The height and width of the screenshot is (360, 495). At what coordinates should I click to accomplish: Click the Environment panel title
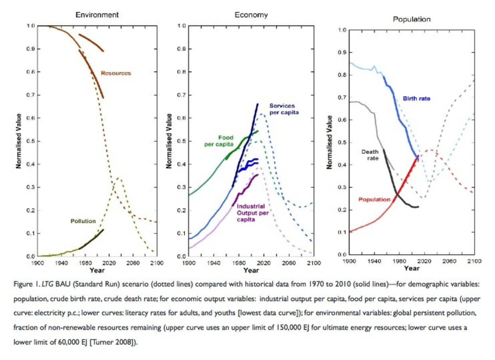[97, 15]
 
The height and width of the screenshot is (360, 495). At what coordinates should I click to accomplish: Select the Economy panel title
[251, 15]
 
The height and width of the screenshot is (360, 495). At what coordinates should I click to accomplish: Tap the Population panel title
[412, 19]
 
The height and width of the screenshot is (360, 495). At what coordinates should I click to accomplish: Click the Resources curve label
[116, 73]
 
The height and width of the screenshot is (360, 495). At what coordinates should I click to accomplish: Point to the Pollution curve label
[83, 221]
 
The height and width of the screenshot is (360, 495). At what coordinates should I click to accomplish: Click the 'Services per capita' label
[283, 109]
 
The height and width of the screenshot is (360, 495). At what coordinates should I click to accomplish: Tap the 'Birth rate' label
[416, 98]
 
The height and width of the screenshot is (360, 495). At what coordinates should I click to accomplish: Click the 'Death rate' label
[370, 155]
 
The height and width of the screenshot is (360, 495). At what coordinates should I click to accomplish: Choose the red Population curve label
[374, 199]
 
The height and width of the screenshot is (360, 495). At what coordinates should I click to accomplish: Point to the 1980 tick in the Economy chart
[239, 263]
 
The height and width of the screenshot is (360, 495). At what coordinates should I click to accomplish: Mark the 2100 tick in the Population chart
[474, 261]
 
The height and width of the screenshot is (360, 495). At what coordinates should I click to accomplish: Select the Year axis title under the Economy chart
[251, 270]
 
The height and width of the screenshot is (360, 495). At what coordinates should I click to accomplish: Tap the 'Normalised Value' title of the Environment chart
[18, 141]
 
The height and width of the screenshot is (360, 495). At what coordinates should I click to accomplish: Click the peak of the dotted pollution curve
[118, 178]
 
